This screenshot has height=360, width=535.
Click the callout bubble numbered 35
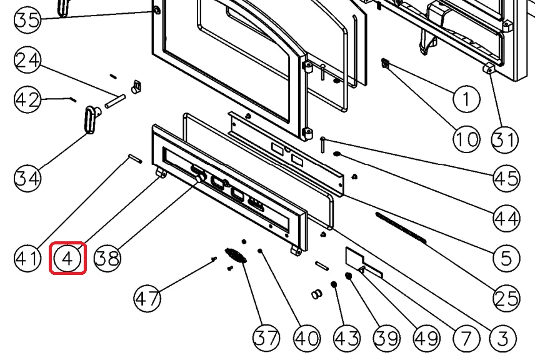pyautogui.click(x=27, y=19)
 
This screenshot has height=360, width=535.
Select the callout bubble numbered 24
pyautogui.click(x=27, y=61)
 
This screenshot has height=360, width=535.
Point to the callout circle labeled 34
pyautogui.click(x=27, y=178)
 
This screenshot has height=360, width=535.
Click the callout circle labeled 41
pyautogui.click(x=27, y=257)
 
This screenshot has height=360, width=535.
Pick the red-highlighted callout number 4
pyautogui.click(x=67, y=257)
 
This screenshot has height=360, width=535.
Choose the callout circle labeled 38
pyautogui.click(x=107, y=257)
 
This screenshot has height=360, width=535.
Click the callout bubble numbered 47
pyautogui.click(x=147, y=298)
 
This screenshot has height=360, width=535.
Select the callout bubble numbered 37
pyautogui.click(x=267, y=338)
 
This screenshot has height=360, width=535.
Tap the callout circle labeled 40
pyautogui.click(x=307, y=338)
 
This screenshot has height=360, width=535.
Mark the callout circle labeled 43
pyautogui.click(x=347, y=338)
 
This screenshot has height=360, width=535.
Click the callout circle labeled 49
pyautogui.click(x=427, y=338)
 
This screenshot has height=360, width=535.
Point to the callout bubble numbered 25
pyautogui.click(x=506, y=298)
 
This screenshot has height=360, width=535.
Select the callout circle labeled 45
pyautogui.click(x=506, y=179)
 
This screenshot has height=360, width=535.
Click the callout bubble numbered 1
pyautogui.click(x=466, y=99)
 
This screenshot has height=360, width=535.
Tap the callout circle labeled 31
pyautogui.click(x=506, y=138)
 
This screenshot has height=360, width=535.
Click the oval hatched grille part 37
pyautogui.click(x=235, y=256)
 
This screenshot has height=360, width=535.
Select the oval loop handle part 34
pyautogui.click(x=90, y=119)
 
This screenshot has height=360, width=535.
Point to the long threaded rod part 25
pyautogui.click(x=400, y=226)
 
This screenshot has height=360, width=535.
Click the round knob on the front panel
pyautogui.click(x=199, y=179)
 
